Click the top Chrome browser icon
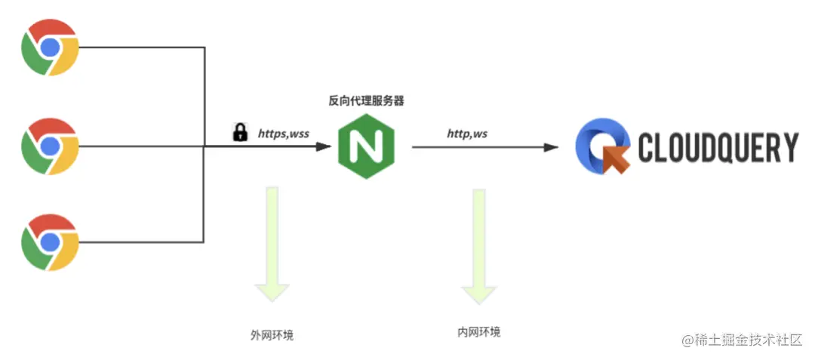(x=50, y=48)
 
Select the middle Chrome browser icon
(x=50, y=146)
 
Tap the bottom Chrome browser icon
(x=50, y=242)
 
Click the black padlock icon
(x=240, y=133)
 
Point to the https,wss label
(x=284, y=134)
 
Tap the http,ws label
(x=467, y=134)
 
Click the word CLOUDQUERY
(x=718, y=148)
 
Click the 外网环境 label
(x=272, y=334)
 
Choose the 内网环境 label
(x=478, y=332)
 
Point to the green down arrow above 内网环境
(x=478, y=245)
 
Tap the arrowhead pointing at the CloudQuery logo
(x=552, y=147)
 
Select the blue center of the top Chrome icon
(x=50, y=48)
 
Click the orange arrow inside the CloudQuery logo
(x=617, y=157)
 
